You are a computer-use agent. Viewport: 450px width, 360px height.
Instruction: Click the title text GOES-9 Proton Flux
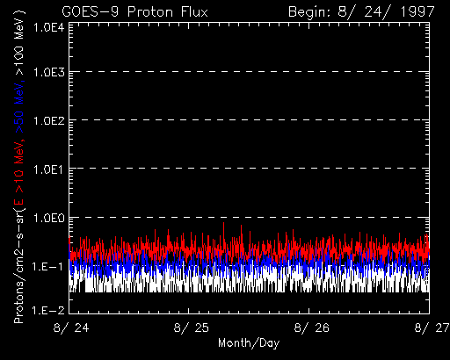(134, 12)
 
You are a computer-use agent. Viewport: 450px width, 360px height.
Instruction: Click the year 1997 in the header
(417, 12)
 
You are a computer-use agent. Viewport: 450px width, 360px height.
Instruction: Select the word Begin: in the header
(310, 12)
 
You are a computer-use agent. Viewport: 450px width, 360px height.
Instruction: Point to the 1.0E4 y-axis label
(48, 28)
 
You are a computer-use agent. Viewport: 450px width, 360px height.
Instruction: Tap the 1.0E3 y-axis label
(48, 72)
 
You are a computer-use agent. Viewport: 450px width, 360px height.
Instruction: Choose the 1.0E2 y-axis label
(48, 120)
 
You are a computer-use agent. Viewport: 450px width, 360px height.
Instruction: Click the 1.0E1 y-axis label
(48, 169)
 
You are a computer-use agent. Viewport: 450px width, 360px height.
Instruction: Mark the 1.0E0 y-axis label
(48, 218)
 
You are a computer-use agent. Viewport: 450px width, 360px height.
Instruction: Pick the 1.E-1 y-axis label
(48, 266)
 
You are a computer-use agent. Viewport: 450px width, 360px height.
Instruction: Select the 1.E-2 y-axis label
(48, 310)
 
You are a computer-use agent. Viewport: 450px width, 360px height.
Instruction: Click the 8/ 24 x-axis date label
(71, 328)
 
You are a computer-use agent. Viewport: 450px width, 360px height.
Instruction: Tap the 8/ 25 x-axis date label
(192, 328)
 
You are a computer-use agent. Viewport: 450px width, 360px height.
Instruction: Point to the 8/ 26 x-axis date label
(312, 328)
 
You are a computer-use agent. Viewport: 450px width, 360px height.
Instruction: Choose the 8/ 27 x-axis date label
(432, 328)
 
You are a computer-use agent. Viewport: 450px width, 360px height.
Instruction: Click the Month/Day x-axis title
(249, 343)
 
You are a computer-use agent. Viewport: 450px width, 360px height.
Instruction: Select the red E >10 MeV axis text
(19, 173)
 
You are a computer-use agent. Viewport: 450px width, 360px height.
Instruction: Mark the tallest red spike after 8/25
(223, 231)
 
